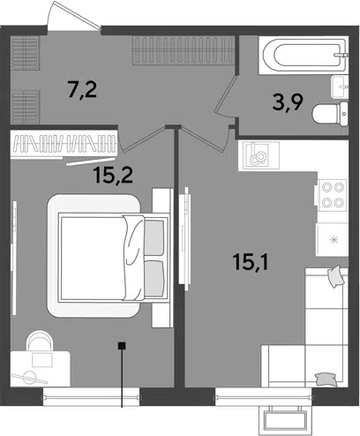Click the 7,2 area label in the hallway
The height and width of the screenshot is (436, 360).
click(x=82, y=90)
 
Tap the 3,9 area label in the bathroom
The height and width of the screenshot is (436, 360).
click(x=288, y=102)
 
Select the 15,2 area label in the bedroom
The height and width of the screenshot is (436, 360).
click(x=113, y=175)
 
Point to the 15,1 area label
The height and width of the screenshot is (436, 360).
click(x=251, y=262)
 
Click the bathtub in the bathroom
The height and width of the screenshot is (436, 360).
click(x=304, y=55)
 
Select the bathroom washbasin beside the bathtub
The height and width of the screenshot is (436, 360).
click(x=340, y=87)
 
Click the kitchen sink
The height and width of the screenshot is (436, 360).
click(x=259, y=155)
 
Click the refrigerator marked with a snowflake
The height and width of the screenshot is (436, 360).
click(x=332, y=239)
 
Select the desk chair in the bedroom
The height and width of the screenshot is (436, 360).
click(x=40, y=341)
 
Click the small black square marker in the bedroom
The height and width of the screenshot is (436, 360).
click(x=122, y=345)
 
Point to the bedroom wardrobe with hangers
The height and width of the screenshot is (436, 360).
click(x=64, y=144)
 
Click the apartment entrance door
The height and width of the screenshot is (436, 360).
click(x=74, y=15)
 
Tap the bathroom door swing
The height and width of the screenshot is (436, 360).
click(x=226, y=96)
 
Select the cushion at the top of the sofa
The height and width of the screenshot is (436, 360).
click(x=335, y=276)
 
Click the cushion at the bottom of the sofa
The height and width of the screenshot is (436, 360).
click(x=325, y=379)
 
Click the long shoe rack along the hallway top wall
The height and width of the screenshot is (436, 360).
click(x=184, y=50)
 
